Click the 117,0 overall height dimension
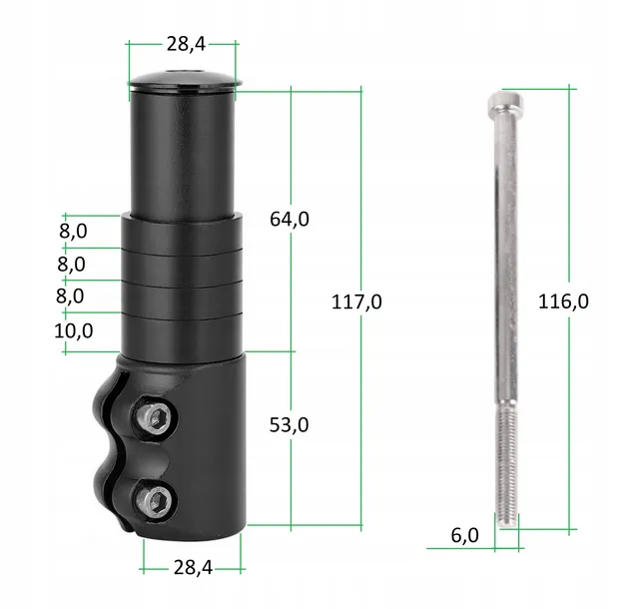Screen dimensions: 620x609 (x=356, y=303)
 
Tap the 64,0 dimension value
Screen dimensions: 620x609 (x=290, y=219)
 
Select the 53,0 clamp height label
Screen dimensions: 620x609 (x=290, y=425)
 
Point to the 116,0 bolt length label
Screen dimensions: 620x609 (x=563, y=302)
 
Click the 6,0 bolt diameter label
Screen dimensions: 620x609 (x=464, y=535)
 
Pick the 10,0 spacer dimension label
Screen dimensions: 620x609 (x=74, y=331)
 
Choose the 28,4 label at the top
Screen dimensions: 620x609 (x=186, y=44)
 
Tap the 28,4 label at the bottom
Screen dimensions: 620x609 (x=193, y=568)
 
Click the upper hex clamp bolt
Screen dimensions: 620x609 (x=156, y=417)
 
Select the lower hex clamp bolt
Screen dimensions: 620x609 (x=156, y=502)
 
